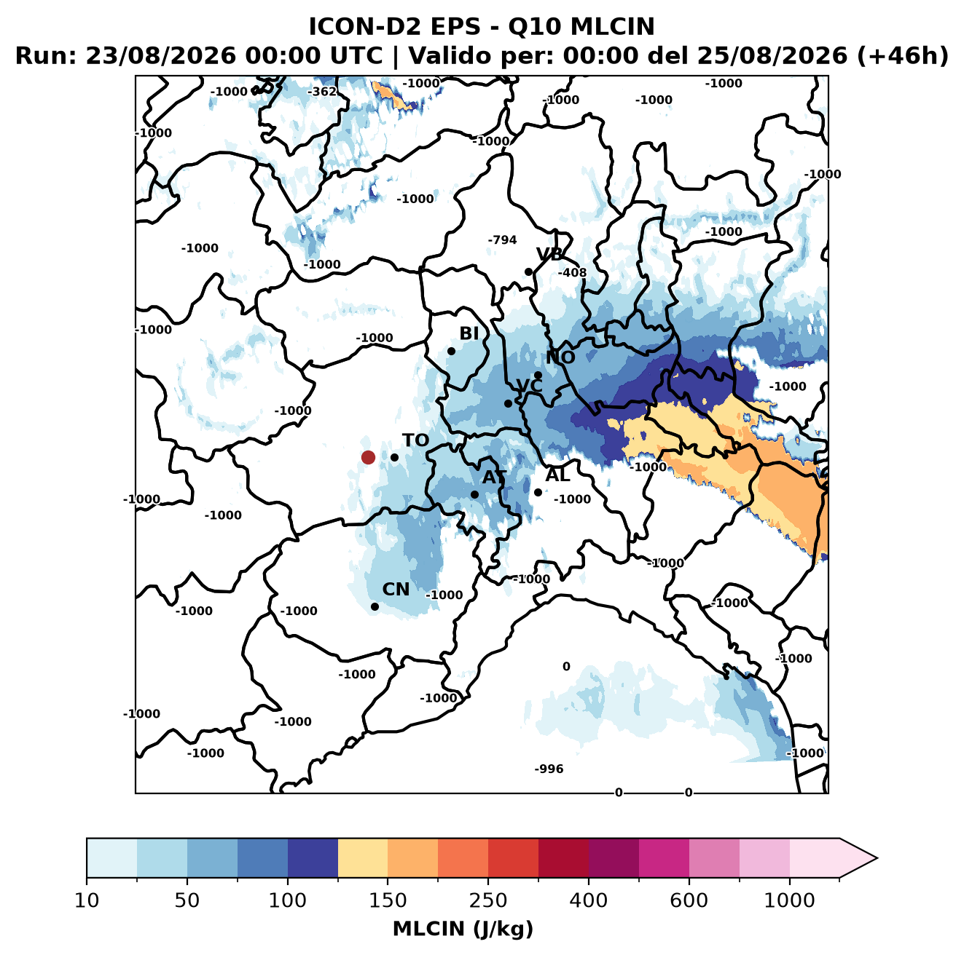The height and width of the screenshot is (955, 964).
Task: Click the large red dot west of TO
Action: tap(368, 457)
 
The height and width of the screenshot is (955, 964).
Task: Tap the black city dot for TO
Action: tap(394, 457)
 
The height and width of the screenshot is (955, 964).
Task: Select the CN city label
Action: tap(396, 590)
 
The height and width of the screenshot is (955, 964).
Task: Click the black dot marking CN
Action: tap(375, 606)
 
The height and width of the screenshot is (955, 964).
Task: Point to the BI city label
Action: tap(469, 333)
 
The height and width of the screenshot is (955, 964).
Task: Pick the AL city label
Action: tap(557, 475)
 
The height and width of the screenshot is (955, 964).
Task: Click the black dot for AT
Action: tap(474, 495)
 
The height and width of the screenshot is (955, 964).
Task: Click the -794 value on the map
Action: tap(502, 240)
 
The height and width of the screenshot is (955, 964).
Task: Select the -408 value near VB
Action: tap(572, 272)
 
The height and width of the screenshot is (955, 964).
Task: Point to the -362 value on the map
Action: tap(321, 92)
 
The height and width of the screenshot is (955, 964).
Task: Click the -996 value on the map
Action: tap(549, 769)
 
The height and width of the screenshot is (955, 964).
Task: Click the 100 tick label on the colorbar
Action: tap(287, 900)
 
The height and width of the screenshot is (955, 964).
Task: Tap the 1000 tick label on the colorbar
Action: tap(789, 900)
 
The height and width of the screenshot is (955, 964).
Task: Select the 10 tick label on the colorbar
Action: tap(87, 900)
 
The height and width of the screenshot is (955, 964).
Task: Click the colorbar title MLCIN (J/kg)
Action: tap(463, 929)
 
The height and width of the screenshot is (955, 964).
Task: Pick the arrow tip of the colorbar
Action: tap(877, 858)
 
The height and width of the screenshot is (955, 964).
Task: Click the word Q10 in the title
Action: tap(536, 26)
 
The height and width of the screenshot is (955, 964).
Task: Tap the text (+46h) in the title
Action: tap(903, 56)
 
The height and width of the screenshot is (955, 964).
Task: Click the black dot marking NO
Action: tap(538, 375)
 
